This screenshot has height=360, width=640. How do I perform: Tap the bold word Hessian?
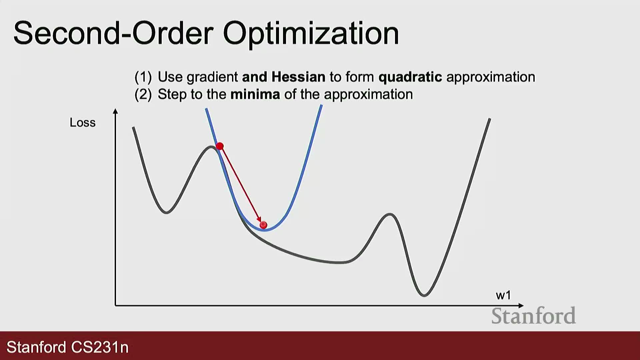point(298,77)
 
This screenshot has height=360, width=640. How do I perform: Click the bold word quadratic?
point(410,77)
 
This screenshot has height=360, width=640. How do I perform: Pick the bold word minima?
point(255,94)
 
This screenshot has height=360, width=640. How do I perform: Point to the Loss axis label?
point(82,123)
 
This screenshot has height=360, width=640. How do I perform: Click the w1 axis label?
point(503,295)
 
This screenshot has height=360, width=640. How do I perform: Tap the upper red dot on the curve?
point(220,146)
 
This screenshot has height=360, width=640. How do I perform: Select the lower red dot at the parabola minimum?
point(263,225)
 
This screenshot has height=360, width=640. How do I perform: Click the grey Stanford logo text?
point(533,316)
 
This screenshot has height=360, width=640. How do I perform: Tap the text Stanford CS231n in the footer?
point(68,347)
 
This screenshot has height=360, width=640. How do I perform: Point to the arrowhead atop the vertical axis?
point(115,111)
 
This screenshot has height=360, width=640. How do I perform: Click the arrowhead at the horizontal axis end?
point(521,305)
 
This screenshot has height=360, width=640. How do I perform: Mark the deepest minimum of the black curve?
point(424,295)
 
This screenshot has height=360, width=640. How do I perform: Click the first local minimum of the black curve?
point(166,212)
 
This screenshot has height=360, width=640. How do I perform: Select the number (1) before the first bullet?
point(143,77)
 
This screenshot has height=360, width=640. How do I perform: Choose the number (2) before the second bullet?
point(143,95)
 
